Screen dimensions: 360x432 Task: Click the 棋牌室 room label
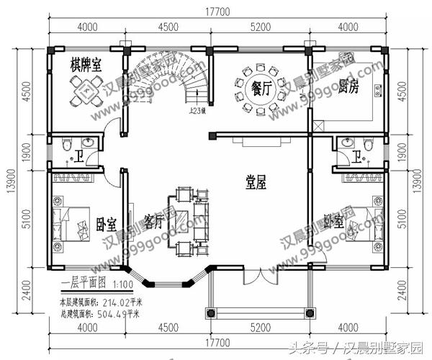[86, 63]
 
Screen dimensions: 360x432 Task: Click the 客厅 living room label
[155, 219]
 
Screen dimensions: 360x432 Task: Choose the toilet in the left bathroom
[67, 145]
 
